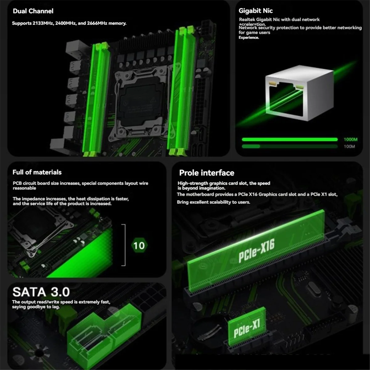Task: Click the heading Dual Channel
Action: point(33,11)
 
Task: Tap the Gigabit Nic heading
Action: point(256,11)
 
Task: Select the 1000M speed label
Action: point(351,139)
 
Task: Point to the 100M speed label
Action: point(349,146)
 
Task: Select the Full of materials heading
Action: point(37,172)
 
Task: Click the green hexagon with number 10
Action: point(139,245)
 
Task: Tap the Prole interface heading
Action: point(207,173)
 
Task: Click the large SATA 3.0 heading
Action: point(41,292)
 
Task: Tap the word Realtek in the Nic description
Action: point(247,19)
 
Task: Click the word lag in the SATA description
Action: point(55,307)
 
